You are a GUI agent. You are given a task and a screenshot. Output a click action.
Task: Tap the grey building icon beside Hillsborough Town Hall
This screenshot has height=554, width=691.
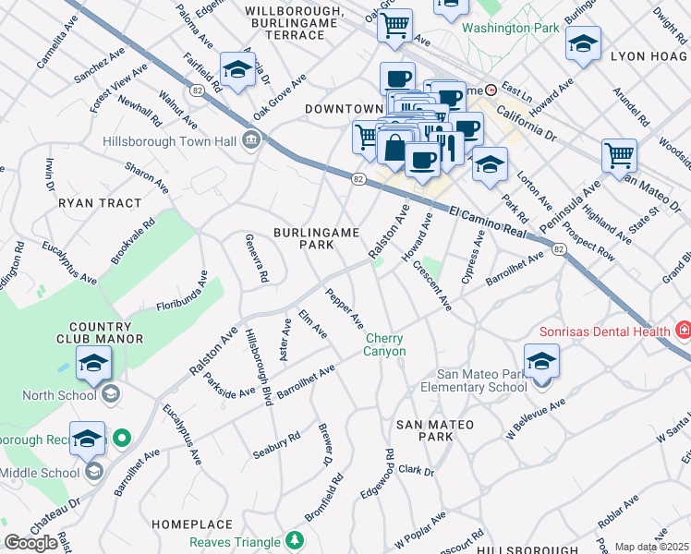click(x=250, y=142)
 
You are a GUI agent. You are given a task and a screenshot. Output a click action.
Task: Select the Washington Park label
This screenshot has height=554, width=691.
click(x=511, y=28)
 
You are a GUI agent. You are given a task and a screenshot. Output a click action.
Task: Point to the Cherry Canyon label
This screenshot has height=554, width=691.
click(x=384, y=344)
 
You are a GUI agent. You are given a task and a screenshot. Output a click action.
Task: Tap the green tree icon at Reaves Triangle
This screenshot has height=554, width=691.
click(x=295, y=540)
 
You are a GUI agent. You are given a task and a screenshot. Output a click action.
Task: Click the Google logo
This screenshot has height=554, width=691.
click(x=31, y=543)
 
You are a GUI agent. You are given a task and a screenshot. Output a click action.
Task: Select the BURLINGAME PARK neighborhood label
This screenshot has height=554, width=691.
click(x=316, y=238)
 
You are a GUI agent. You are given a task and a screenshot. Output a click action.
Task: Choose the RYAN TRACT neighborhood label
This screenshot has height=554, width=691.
click(x=100, y=203)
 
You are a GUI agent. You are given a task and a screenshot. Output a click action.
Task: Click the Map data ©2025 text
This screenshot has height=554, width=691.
click(x=651, y=547)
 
